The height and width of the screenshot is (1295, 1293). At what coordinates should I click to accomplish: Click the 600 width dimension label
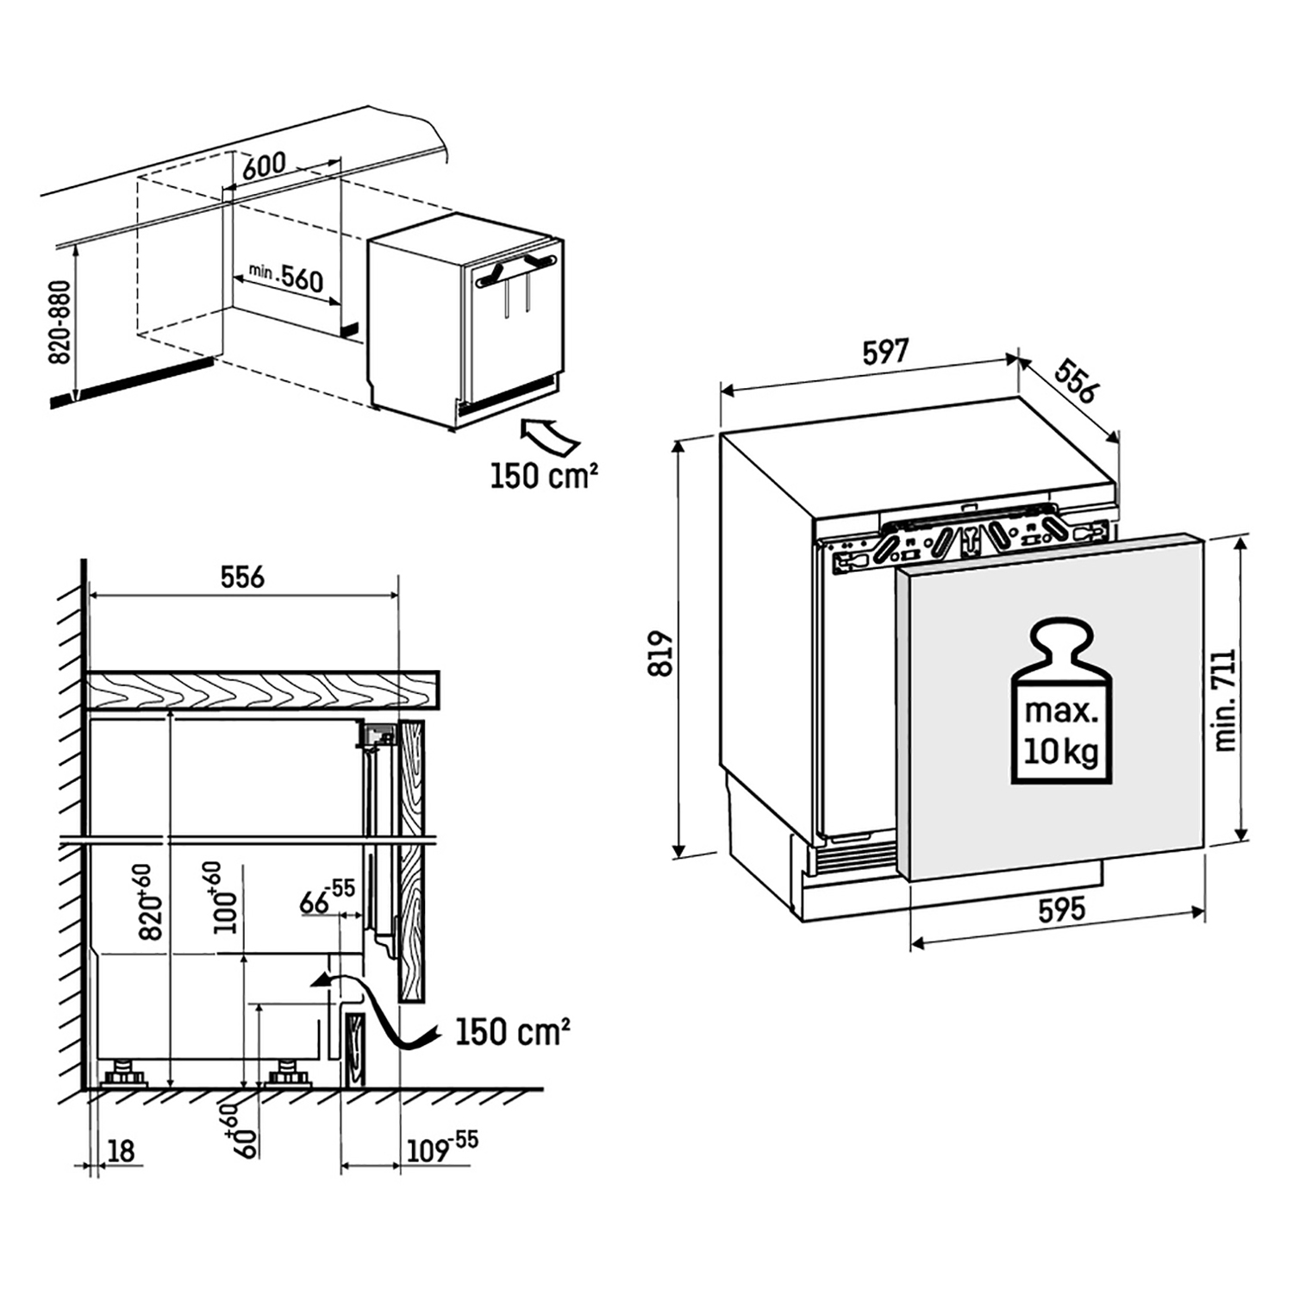pos(263,165)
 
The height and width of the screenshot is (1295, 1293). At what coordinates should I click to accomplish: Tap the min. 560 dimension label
pos(286,277)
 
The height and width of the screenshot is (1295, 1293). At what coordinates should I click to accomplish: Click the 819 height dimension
pos(660,653)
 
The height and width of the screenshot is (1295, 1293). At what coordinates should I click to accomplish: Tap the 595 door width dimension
pos(1061,910)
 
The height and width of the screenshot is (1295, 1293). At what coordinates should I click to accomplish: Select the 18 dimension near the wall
pos(122,1150)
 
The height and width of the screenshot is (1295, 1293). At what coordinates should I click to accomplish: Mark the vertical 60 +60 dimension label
pos(228,1130)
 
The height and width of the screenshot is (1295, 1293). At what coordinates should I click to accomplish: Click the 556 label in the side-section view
pos(242,577)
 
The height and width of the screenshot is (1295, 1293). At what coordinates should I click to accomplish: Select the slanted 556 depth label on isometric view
pos(1076,380)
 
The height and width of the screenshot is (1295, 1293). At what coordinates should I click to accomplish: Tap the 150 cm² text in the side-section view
pos(512,1031)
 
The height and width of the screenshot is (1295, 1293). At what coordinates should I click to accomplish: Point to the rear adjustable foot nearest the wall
pos(126,1075)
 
